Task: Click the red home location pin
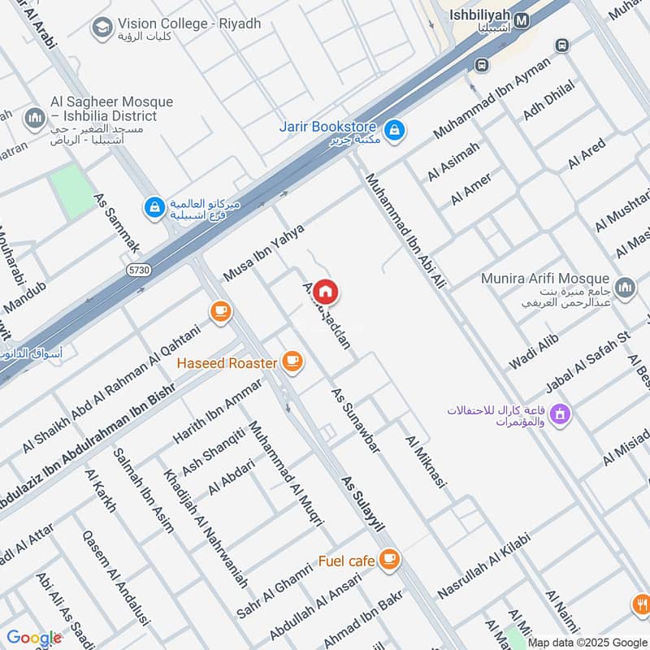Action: click(x=325, y=292)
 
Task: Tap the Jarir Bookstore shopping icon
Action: click(x=394, y=129)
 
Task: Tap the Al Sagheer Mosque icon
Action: click(x=34, y=119)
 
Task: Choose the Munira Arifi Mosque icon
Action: click(x=625, y=287)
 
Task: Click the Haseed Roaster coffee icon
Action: click(x=292, y=362)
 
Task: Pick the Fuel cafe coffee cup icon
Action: click(x=390, y=558)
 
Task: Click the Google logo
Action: click(x=34, y=638)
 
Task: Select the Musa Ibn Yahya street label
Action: click(x=263, y=253)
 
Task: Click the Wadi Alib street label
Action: click(x=534, y=352)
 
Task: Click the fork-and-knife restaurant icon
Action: click(x=642, y=604)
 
